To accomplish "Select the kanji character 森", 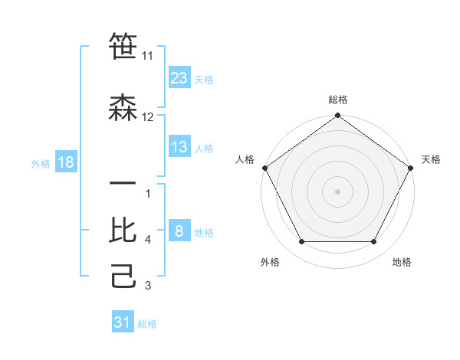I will tap(123, 106).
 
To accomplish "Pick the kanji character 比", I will tap(123, 229).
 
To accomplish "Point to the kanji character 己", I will tap(123, 275).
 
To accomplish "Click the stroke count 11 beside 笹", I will tap(148, 56).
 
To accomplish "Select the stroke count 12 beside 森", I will tap(148, 116).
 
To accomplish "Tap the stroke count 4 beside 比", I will tap(148, 240).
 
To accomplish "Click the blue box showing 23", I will tap(179, 77).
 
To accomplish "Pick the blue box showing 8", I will tap(179, 231).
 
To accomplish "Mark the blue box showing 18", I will tap(65, 162).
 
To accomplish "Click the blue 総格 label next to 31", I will tap(147, 324).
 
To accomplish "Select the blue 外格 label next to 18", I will tap(41, 163).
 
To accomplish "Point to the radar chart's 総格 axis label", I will tap(338, 100).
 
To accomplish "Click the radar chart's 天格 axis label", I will tap(431, 159).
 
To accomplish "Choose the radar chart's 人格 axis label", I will tap(245, 159).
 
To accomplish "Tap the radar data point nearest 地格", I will tap(374, 242).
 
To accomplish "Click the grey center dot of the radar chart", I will tap(338, 191).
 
